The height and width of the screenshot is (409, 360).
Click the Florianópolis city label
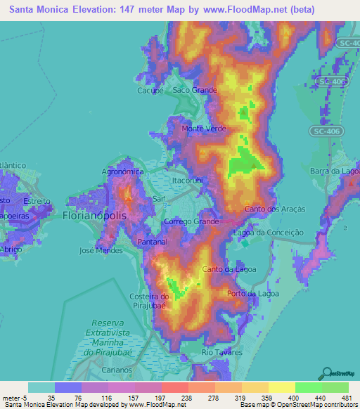(95, 216)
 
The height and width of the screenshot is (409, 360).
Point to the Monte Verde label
(204, 129)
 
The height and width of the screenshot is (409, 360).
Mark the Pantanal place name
(153, 241)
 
